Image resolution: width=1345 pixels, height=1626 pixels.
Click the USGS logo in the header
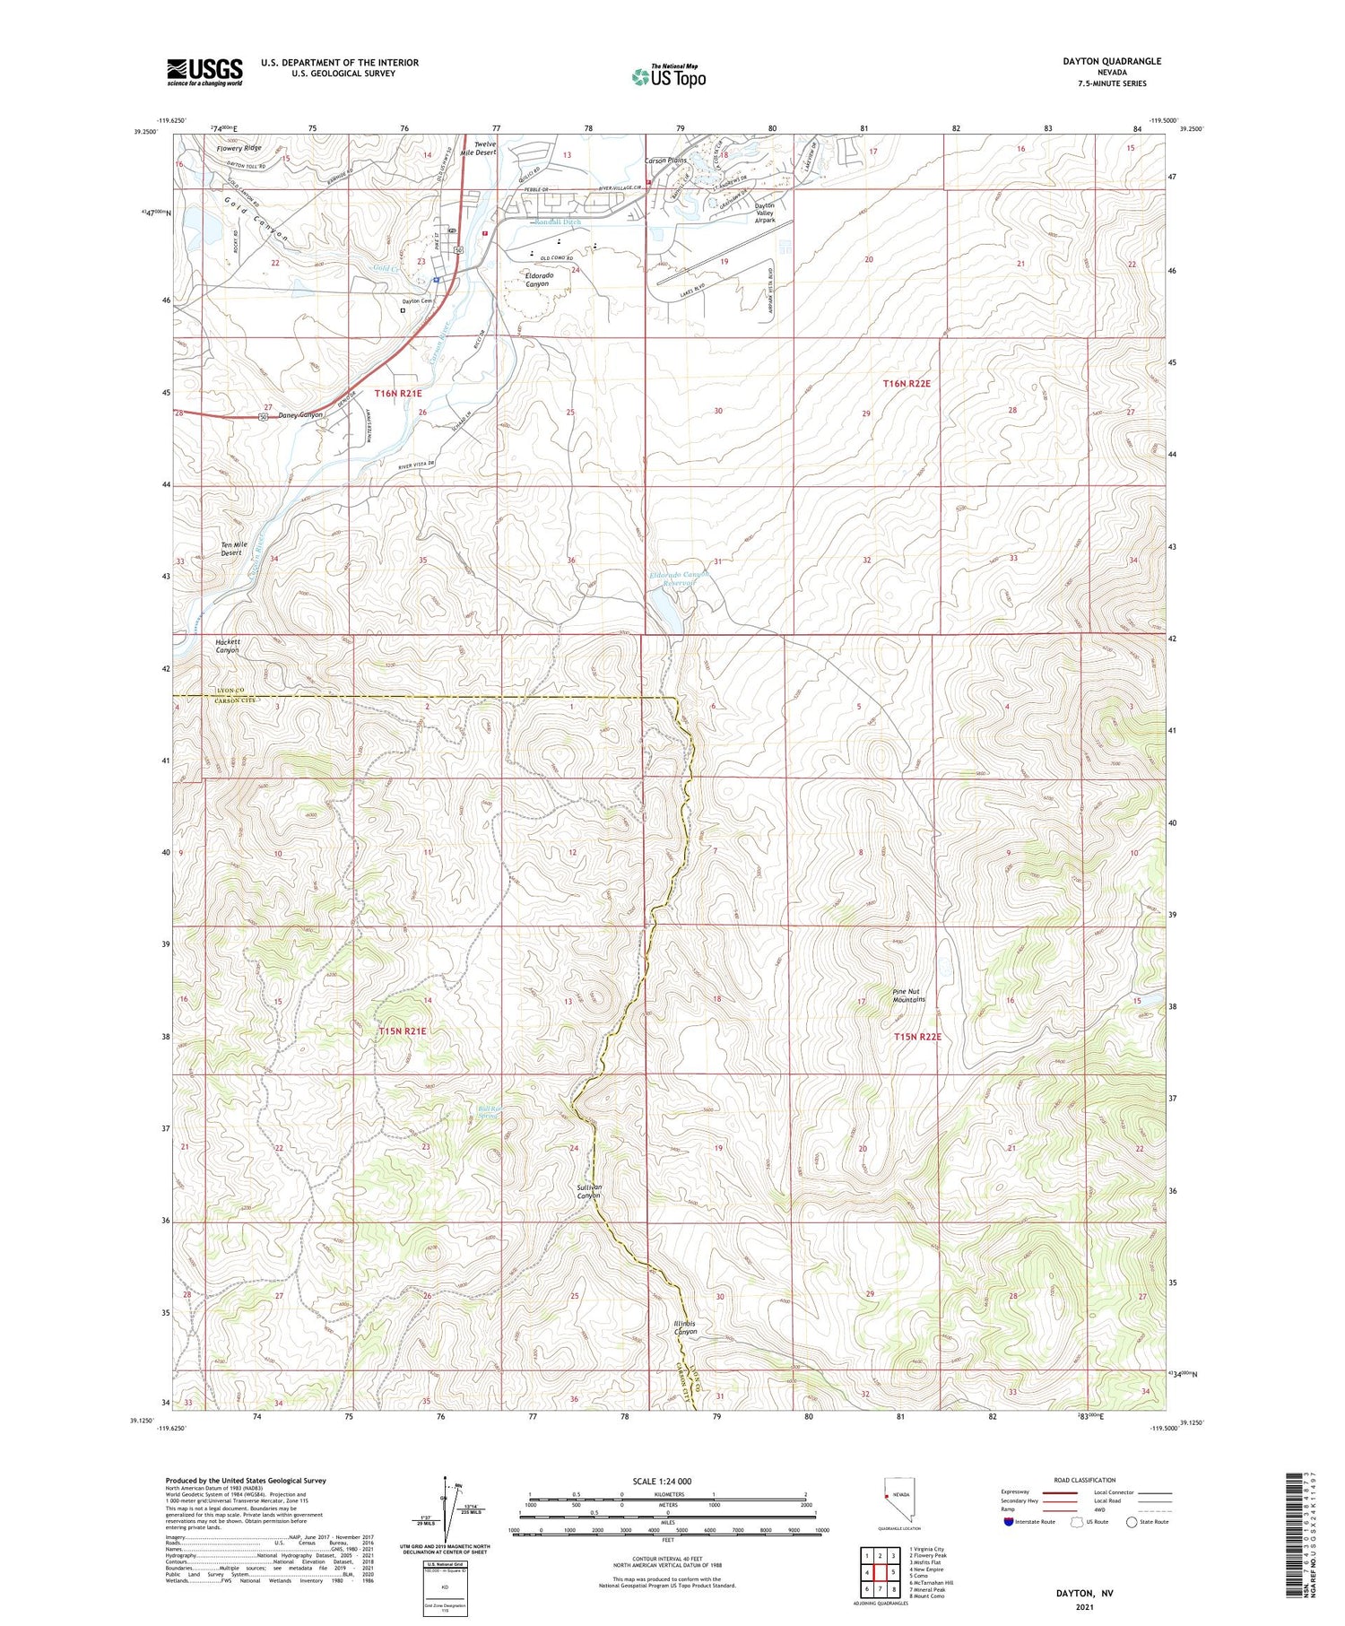pyautogui.click(x=204, y=72)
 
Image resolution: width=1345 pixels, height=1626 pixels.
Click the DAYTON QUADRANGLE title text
pyautogui.click(x=1111, y=61)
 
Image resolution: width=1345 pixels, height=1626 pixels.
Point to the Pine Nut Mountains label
pyautogui.click(x=908, y=995)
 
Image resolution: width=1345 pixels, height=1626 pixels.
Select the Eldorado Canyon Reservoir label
pyautogui.click(x=679, y=578)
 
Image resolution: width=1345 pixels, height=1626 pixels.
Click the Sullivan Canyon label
pyautogui.click(x=588, y=1191)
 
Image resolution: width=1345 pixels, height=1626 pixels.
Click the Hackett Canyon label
pyautogui.click(x=227, y=646)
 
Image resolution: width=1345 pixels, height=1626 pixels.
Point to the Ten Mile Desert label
pyautogui.click(x=231, y=548)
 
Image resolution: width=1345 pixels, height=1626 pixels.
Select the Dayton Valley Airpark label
pyautogui.click(x=764, y=212)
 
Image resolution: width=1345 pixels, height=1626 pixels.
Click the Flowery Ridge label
pyautogui.click(x=239, y=148)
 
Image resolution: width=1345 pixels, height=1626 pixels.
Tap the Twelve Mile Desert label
pyautogui.click(x=477, y=148)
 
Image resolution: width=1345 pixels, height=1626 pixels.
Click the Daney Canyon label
pyautogui.click(x=299, y=415)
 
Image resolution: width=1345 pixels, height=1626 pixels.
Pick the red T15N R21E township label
pyautogui.click(x=402, y=1031)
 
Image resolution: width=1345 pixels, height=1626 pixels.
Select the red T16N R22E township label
pyautogui.click(x=907, y=383)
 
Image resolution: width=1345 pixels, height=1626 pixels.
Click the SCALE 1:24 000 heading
pyautogui.click(x=662, y=1481)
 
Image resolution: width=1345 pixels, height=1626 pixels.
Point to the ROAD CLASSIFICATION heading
pyautogui.click(x=1085, y=1480)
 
